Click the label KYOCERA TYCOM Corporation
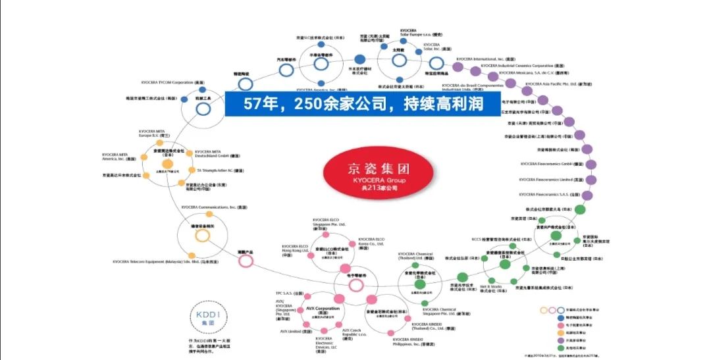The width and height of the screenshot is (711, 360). point(172,82)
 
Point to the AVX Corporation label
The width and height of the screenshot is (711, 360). point(323,308)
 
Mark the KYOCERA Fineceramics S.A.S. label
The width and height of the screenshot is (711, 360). point(550,194)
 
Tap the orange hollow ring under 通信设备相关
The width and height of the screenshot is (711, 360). point(202,235)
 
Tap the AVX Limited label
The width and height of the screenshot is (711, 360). point(291,331)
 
